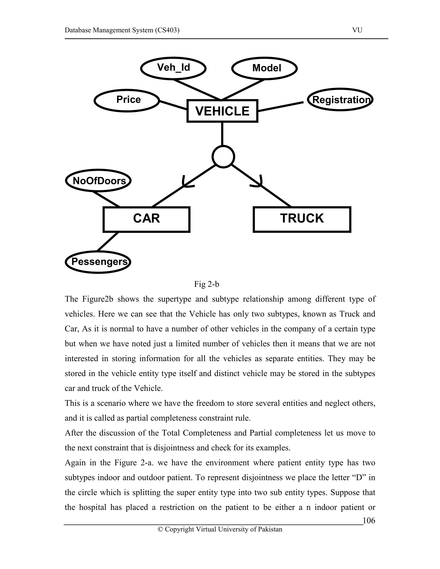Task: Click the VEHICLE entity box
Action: pos(222,111)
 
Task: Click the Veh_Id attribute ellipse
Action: pos(173,68)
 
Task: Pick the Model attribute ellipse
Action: pos(264,68)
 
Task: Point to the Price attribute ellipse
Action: pos(127,100)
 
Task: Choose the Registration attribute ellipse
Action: pos(340,100)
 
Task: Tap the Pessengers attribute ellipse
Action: pos(98,262)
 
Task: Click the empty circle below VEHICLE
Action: pos(223,157)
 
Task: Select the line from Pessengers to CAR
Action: pos(107,242)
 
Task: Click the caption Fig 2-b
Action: pos(206,284)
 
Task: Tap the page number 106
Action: pos(369,520)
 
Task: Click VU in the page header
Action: pos(357,30)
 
